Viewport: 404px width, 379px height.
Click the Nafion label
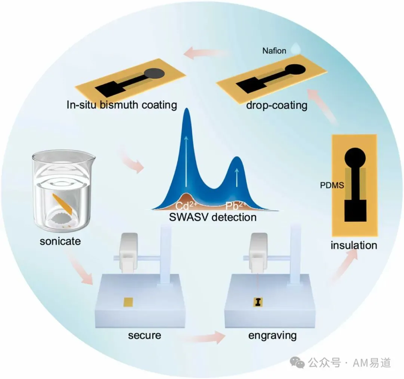coord(274,51)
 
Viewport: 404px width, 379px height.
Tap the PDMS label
coord(332,185)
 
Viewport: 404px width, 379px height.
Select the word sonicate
coord(60,241)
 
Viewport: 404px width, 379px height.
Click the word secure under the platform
coord(144,335)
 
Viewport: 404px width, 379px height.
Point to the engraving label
coord(272,336)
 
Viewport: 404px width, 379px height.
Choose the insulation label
coord(354,245)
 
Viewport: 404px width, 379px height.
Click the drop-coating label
coord(277,105)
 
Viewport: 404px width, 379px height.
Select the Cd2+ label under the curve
coord(186,205)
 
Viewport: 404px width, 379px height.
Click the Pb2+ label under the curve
coord(236,205)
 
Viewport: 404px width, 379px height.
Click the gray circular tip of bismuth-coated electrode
coord(154,74)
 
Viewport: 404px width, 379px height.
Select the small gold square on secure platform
coord(128,302)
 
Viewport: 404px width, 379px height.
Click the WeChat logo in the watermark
coord(297,363)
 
